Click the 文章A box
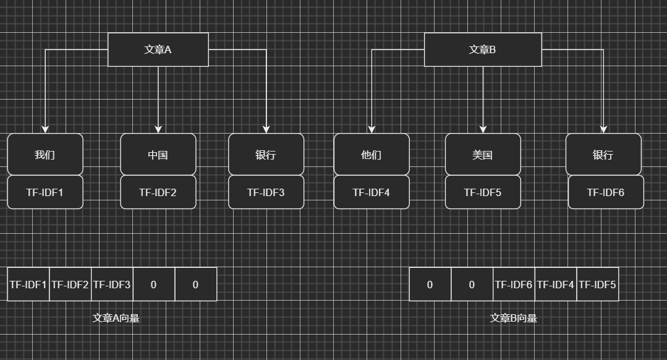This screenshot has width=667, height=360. (158, 49)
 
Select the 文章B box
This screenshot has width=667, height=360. (482, 49)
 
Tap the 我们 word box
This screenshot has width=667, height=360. (45, 155)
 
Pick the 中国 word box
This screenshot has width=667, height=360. (158, 155)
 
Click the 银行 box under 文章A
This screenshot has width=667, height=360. (266, 155)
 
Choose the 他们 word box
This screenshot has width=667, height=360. (371, 155)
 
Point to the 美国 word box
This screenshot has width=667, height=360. (482, 155)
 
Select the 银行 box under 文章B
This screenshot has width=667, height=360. (603, 155)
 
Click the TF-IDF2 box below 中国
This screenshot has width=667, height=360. (158, 192)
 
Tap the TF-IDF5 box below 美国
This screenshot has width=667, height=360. (482, 192)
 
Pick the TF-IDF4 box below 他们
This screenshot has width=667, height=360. (371, 192)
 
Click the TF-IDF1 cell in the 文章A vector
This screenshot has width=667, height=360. (28, 285)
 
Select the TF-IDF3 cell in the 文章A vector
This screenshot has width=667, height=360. (112, 285)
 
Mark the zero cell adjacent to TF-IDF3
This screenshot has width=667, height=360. (154, 285)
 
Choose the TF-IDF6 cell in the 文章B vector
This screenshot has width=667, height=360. (513, 285)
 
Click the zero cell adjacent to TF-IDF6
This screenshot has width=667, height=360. (472, 285)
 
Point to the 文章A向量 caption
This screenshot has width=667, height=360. (116, 318)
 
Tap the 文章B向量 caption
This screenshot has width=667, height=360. (513, 318)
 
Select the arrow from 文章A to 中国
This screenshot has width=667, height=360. (158, 99)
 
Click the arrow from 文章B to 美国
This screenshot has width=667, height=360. (483, 99)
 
